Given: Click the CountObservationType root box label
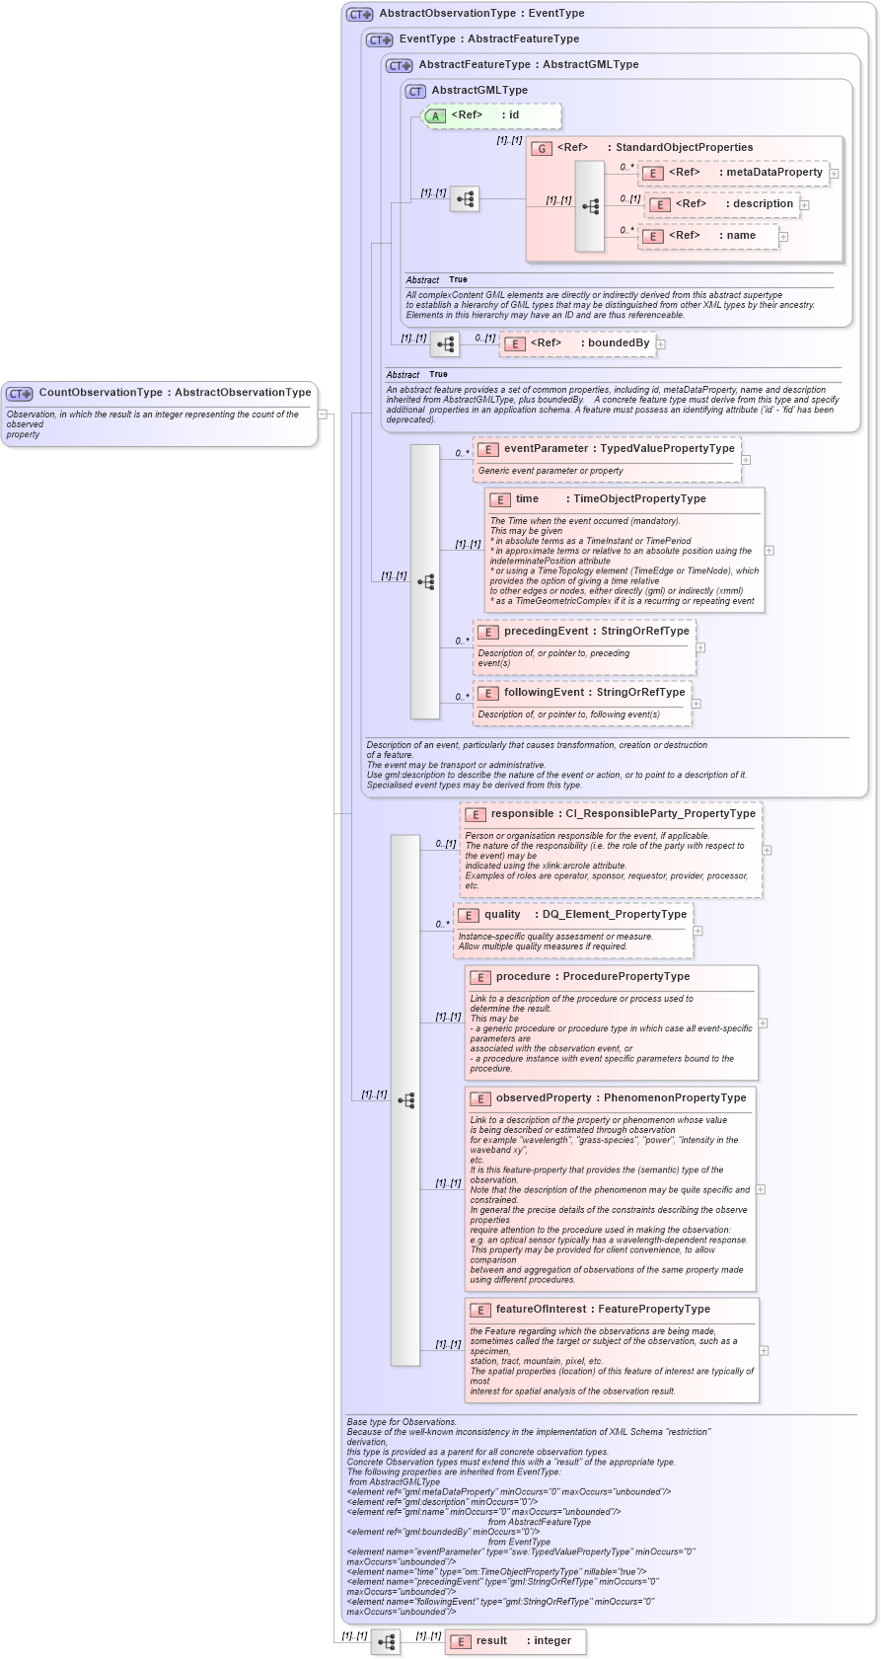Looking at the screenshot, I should [174, 393].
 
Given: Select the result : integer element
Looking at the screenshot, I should [523, 1640].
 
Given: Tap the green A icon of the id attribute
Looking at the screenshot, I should [435, 116].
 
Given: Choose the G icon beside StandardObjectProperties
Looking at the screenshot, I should [541, 148].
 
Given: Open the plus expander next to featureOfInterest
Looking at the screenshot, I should [764, 1350].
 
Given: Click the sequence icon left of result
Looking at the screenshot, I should [386, 1642].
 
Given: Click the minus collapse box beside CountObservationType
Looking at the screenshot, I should [323, 414].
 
